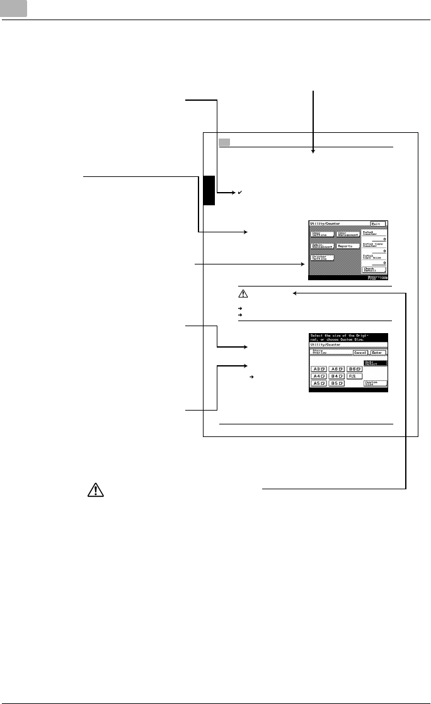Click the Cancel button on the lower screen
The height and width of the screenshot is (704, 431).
coord(359,353)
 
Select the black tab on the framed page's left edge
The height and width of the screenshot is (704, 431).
coord(209,191)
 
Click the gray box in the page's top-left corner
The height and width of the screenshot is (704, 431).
coord(13,9)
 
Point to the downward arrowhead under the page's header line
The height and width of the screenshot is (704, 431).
coord(313,151)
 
